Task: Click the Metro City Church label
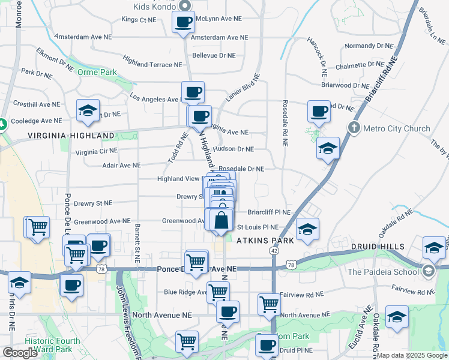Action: click(397, 128)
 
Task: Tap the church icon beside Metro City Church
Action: click(354, 128)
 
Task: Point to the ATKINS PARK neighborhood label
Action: click(265, 241)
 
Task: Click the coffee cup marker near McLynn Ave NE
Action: click(184, 22)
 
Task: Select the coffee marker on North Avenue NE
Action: click(228, 311)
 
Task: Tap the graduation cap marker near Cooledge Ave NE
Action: click(88, 110)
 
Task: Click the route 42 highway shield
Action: click(273, 251)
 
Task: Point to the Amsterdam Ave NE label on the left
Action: click(83, 37)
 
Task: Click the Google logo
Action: click(20, 353)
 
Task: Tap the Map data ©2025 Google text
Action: click(411, 355)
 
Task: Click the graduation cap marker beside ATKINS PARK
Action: click(307, 230)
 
